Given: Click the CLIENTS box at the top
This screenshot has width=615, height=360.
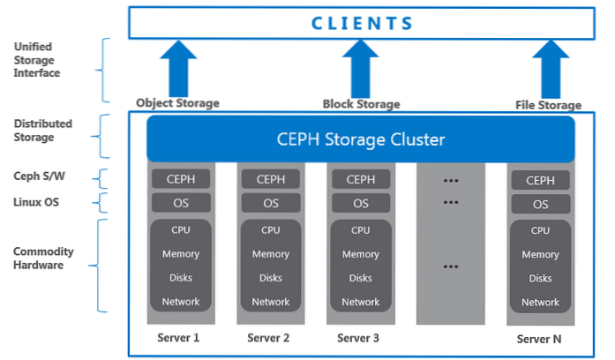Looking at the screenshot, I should pyautogui.click(x=363, y=23).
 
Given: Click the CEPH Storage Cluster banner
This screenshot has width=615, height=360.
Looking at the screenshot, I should pyautogui.click(x=361, y=139).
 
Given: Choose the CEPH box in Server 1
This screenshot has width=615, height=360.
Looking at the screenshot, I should pyautogui.click(x=179, y=179).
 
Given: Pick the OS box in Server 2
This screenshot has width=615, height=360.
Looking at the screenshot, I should pyautogui.click(x=269, y=203).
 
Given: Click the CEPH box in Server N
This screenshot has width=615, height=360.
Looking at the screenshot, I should pyautogui.click(x=540, y=180).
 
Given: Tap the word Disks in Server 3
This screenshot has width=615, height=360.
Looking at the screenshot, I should pyautogui.click(x=360, y=278).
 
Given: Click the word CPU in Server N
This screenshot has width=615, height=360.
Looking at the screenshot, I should pyautogui.click(x=540, y=230).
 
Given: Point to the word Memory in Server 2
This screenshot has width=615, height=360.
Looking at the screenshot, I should pyautogui.click(x=269, y=254).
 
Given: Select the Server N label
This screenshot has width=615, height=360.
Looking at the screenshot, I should pyautogui.click(x=540, y=339).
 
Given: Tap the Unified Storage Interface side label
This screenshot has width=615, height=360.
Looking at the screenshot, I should pyautogui.click(x=37, y=60).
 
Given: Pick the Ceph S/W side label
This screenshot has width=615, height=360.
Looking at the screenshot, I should pyautogui.click(x=37, y=177).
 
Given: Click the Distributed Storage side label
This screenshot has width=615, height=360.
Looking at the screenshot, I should pyautogui.click(x=42, y=131).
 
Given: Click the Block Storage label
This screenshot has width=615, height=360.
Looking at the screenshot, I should pyautogui.click(x=361, y=104).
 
